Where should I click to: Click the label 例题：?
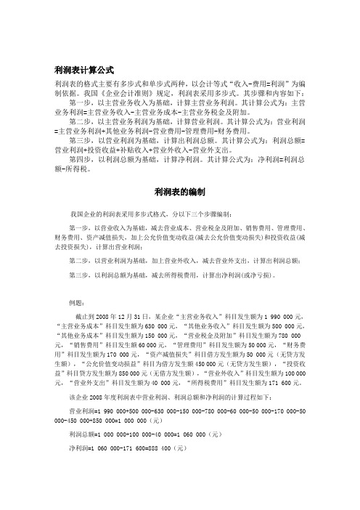tap(78, 301)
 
